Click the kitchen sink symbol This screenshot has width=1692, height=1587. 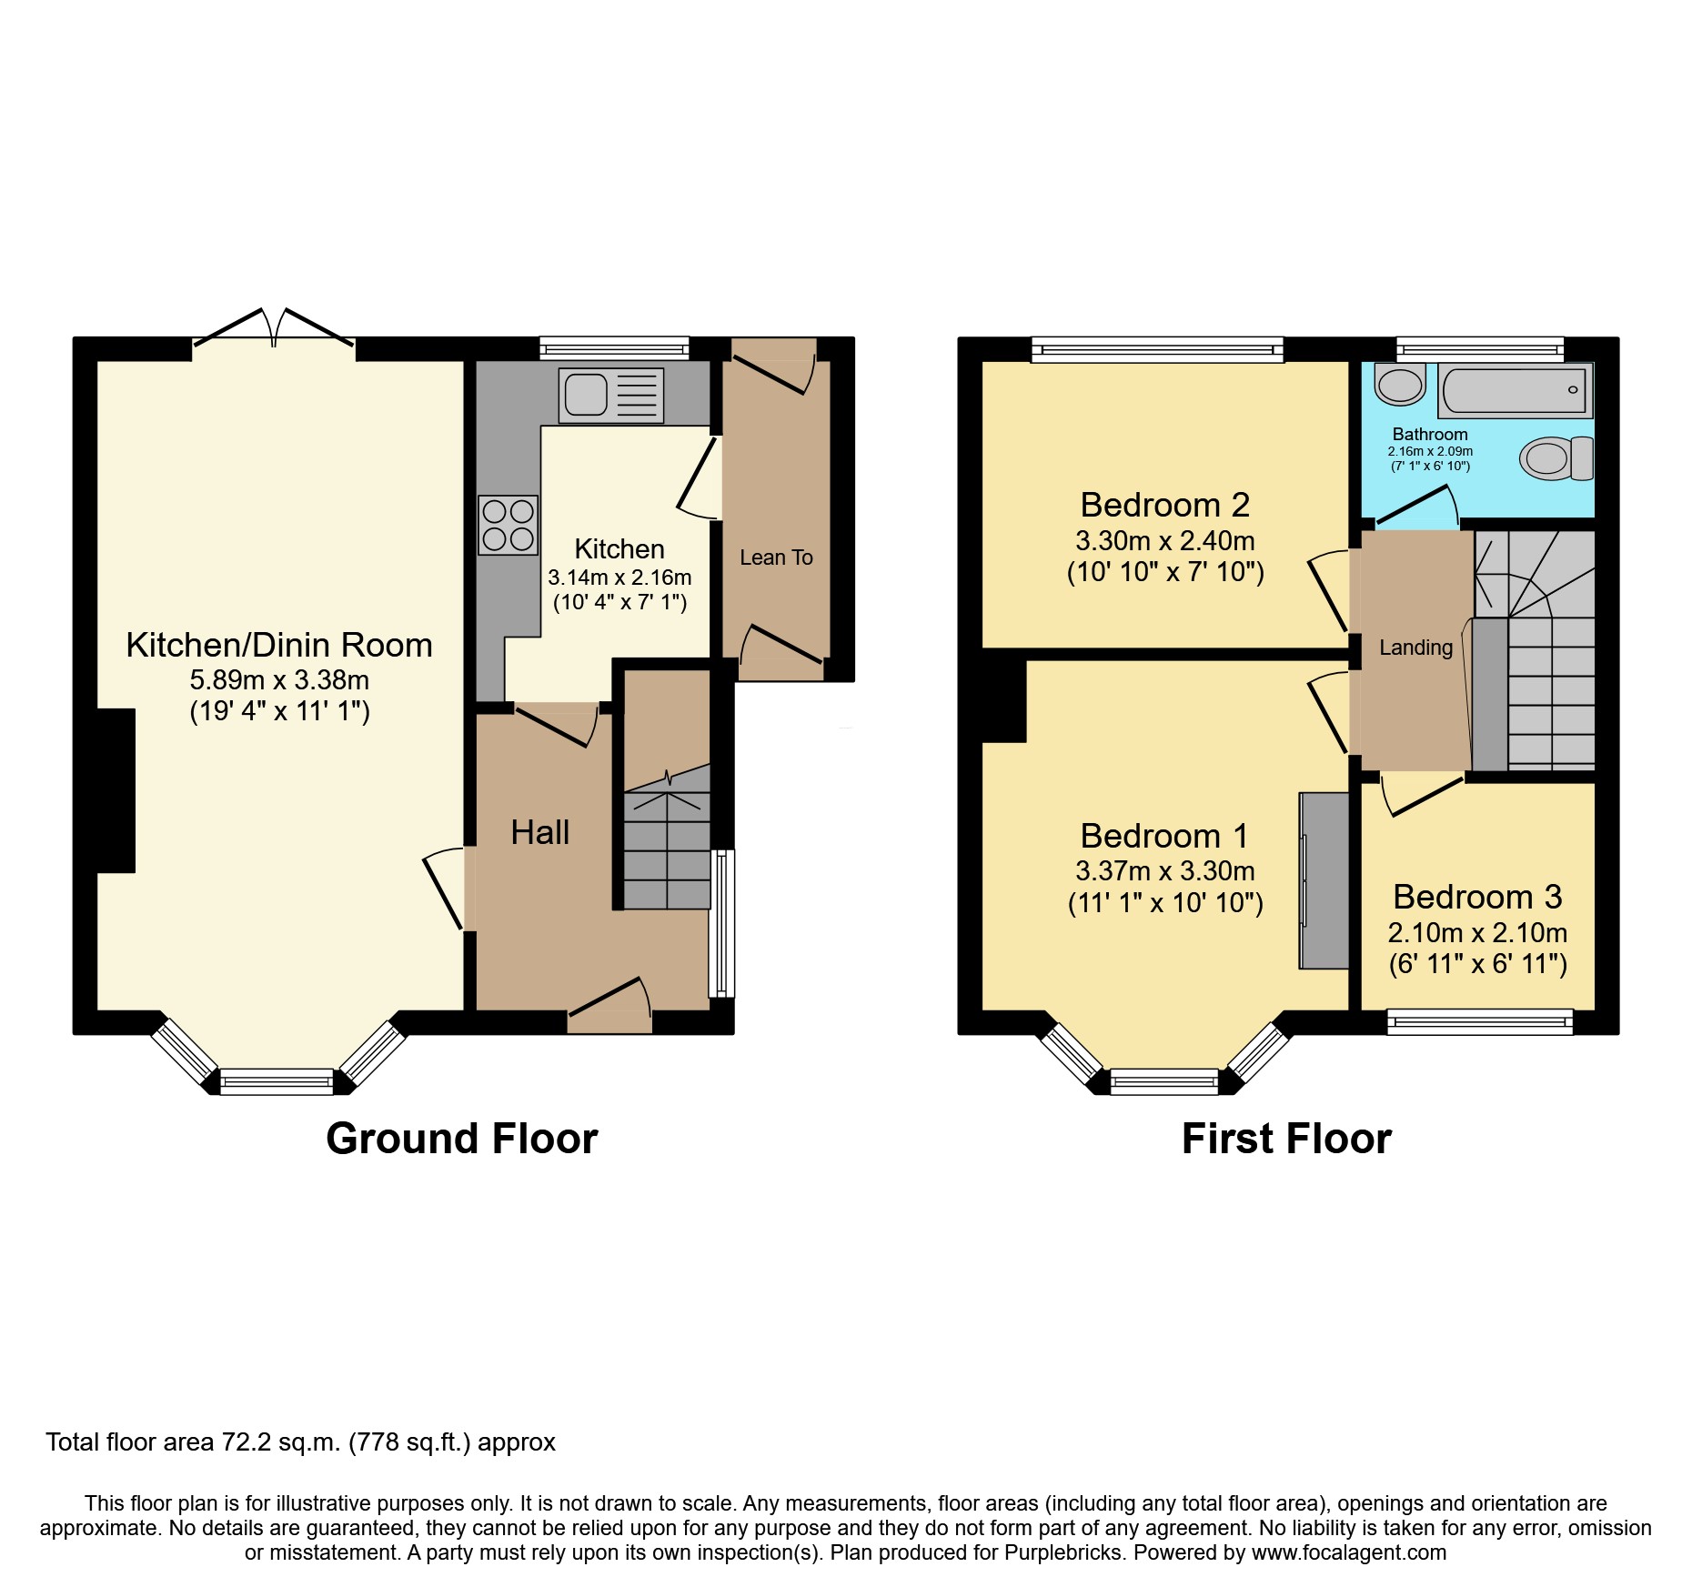click(x=610, y=396)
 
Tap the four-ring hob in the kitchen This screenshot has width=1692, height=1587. click(x=509, y=525)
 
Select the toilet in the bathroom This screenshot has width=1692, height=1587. click(x=1556, y=457)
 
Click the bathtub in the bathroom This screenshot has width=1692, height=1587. click(x=1516, y=390)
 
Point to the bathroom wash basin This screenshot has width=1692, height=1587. click(x=1400, y=385)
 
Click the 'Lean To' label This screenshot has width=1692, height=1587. click(x=776, y=557)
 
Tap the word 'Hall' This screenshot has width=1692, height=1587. click(x=539, y=832)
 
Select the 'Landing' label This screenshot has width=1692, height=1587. click(x=1415, y=648)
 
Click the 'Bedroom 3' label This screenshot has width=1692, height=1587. click(x=1477, y=897)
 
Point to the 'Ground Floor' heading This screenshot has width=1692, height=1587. click(x=461, y=1139)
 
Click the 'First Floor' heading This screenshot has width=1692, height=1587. click(x=1286, y=1139)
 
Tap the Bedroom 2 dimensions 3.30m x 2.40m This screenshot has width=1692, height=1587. click(x=1164, y=541)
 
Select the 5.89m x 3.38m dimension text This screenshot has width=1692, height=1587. click(x=279, y=679)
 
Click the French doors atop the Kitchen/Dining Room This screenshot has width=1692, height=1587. click(x=274, y=330)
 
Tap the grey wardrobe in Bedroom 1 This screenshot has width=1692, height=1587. click(x=1324, y=879)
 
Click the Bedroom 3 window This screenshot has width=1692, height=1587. click(x=1480, y=1022)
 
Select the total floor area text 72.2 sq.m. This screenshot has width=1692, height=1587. click(x=300, y=1442)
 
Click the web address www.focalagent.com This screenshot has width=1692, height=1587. click(x=1349, y=1552)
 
